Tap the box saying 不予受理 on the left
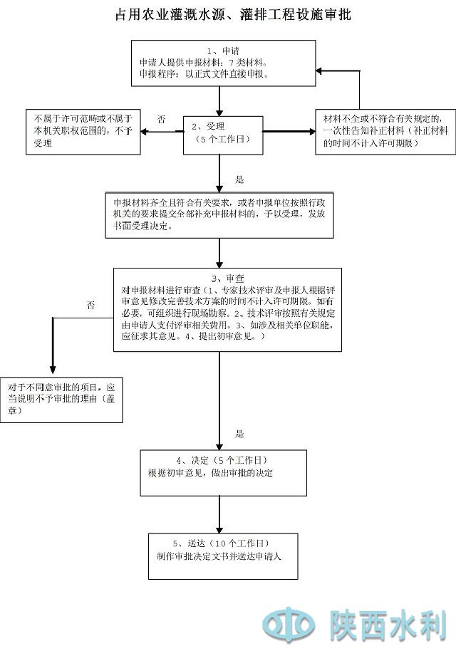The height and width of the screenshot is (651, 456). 81,130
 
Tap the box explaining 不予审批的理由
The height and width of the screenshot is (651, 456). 62,399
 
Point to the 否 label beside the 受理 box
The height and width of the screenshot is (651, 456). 161,120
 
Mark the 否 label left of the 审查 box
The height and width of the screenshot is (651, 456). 90,306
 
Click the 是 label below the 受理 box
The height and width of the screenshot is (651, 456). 240,179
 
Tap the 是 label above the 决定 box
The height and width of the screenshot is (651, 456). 240,433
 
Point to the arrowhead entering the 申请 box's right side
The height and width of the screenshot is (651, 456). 320,71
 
